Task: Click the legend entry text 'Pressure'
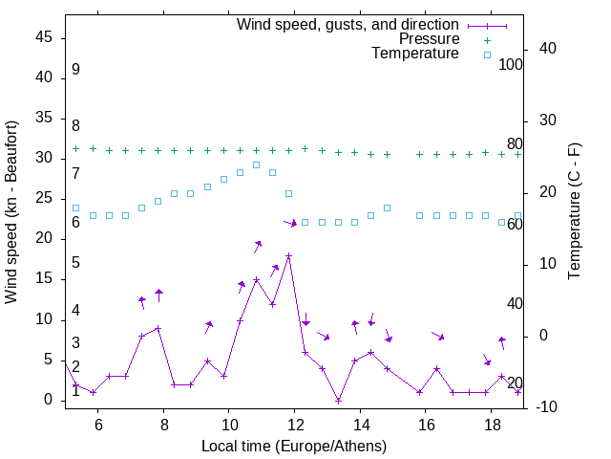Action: pos(429,39)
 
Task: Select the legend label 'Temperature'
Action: pos(415,54)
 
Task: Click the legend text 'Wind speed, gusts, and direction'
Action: pos(348,24)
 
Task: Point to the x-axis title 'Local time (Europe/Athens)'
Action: pos(294,446)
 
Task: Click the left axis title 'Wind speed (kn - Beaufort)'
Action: pos(11,211)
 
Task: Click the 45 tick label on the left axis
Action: pos(43,37)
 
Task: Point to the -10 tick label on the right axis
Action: pos(548,407)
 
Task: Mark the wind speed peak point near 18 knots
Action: pos(288,255)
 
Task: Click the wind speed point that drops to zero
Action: pos(338,401)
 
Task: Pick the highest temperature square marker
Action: pos(256,164)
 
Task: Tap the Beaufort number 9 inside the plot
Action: pos(75,70)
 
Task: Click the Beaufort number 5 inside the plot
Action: pos(75,263)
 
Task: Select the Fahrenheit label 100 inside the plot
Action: pos(511,65)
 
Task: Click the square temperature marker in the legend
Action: pos(487,55)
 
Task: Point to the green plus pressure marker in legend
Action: pos(487,39)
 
